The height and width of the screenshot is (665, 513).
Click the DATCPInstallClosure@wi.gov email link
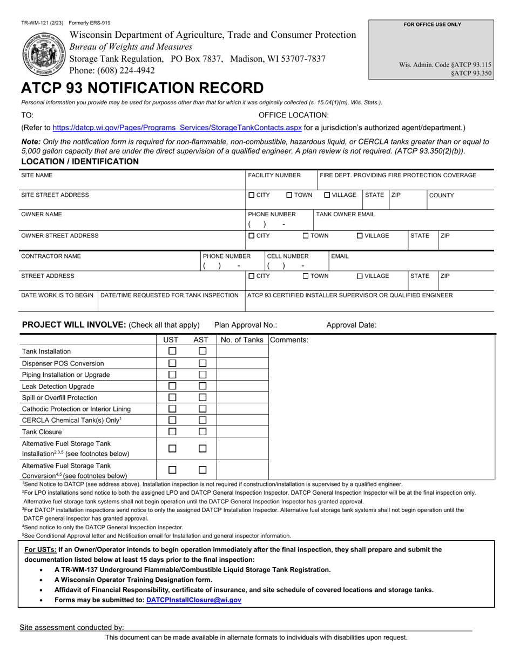(x=194, y=600)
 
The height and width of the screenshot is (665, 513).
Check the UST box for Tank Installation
(x=172, y=351)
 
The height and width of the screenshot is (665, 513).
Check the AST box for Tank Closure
(x=202, y=431)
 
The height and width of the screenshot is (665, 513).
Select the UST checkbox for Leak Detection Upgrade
(x=172, y=386)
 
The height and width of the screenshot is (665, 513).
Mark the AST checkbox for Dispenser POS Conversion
(x=202, y=363)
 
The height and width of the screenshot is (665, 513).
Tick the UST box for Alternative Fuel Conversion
(x=172, y=470)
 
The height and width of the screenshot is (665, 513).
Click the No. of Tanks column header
(x=242, y=340)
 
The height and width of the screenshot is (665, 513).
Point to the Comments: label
(x=289, y=340)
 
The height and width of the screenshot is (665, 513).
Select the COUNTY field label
(x=441, y=195)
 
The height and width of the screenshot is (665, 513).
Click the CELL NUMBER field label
(x=288, y=256)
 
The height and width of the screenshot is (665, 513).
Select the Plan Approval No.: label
(x=246, y=325)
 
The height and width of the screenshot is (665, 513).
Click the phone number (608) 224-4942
(x=112, y=70)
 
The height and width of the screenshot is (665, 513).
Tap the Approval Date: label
(x=352, y=325)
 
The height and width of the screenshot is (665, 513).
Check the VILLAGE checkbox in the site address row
(x=327, y=195)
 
